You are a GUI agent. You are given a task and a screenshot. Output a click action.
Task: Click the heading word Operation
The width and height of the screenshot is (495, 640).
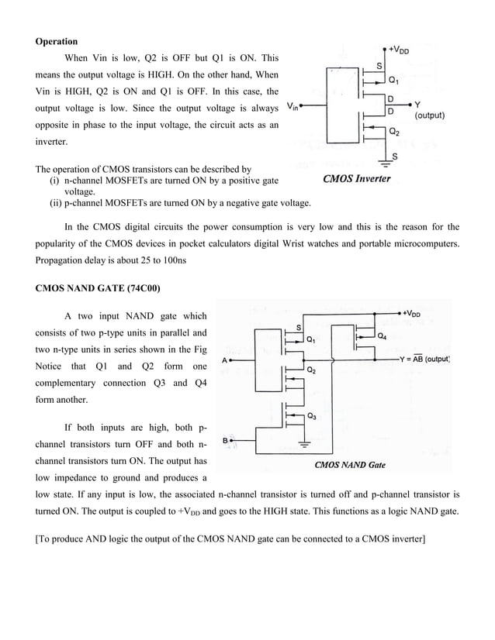[57, 41]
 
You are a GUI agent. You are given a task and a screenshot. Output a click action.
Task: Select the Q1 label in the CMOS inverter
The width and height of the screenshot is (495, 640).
[393, 80]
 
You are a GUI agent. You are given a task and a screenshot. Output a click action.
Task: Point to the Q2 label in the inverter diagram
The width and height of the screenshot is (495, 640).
[393, 132]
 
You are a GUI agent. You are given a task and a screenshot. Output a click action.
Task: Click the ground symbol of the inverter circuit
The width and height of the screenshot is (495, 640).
[384, 164]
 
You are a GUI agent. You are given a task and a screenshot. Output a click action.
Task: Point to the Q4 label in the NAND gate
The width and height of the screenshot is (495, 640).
[383, 336]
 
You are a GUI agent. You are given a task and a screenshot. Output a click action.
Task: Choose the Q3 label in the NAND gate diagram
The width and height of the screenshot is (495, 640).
[311, 416]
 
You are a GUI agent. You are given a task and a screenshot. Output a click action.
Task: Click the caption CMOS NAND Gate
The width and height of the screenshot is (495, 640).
[349, 465]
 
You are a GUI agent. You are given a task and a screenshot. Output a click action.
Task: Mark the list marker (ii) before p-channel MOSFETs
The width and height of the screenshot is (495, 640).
[56, 203]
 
